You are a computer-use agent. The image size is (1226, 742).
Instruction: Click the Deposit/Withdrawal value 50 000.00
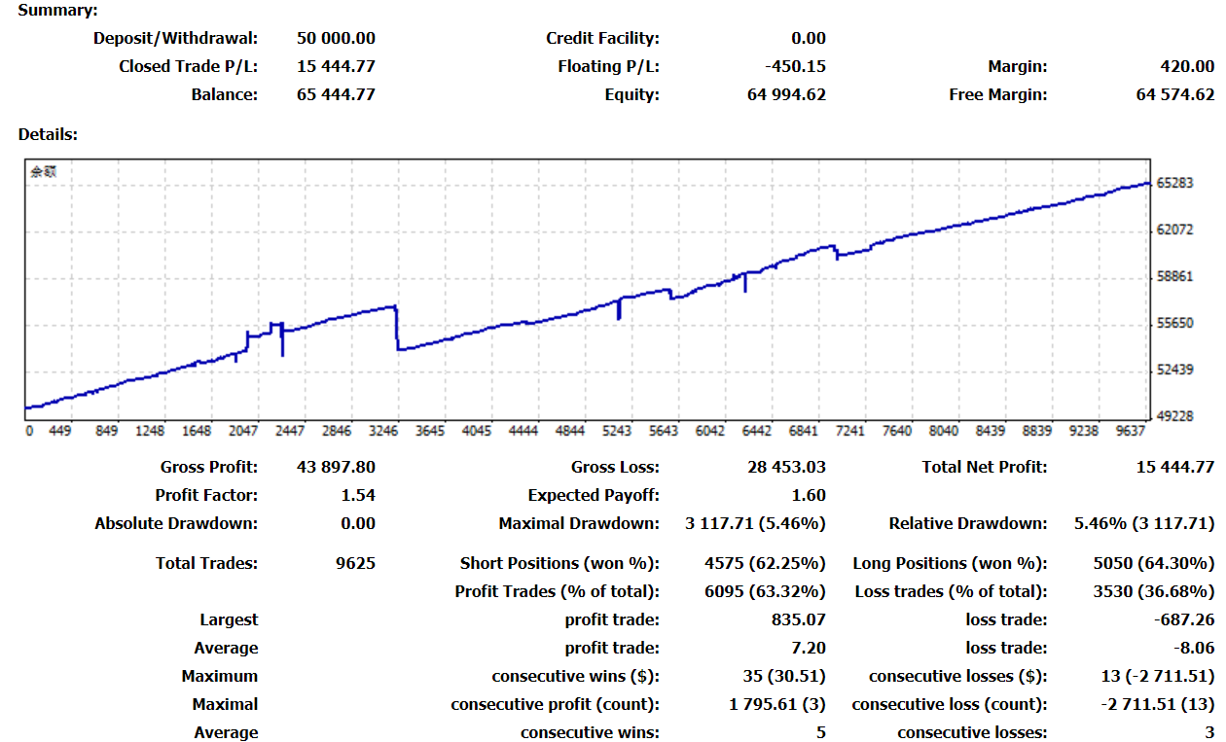click(x=336, y=39)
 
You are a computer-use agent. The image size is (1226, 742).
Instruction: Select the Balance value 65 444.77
click(x=336, y=95)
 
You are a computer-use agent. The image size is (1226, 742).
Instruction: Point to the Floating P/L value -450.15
click(x=796, y=67)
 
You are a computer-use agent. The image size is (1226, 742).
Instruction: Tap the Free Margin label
click(x=998, y=95)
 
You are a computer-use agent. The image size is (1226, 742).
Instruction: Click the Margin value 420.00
click(x=1187, y=67)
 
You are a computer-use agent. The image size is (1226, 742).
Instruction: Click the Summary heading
click(x=57, y=11)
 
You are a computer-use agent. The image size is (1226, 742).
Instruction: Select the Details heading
click(x=48, y=134)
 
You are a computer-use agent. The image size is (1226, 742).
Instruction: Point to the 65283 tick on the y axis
click(x=1175, y=183)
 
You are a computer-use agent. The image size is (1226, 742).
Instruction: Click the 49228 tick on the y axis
click(x=1175, y=416)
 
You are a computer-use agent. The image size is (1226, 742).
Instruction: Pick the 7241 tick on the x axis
click(x=849, y=431)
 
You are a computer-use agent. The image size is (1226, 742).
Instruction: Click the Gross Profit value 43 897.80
click(x=336, y=468)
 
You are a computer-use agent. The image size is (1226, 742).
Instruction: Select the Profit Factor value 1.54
click(x=358, y=496)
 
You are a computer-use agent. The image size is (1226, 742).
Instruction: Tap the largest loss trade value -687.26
click(x=1184, y=619)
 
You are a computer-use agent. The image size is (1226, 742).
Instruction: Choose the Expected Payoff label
click(x=594, y=496)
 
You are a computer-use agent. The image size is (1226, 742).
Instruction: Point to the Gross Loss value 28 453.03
click(x=786, y=468)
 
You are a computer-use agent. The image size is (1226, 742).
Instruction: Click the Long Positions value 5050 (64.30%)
click(x=1154, y=563)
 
